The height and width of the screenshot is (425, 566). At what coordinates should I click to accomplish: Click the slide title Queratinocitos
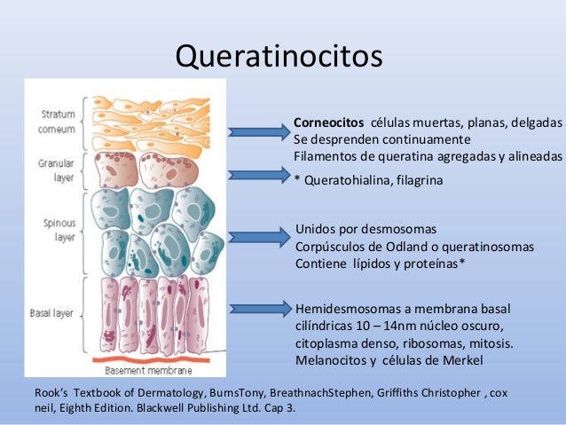point(279,56)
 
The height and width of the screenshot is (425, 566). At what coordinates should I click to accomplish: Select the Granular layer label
point(58,169)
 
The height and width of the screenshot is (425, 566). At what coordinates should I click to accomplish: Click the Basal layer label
point(54,314)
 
